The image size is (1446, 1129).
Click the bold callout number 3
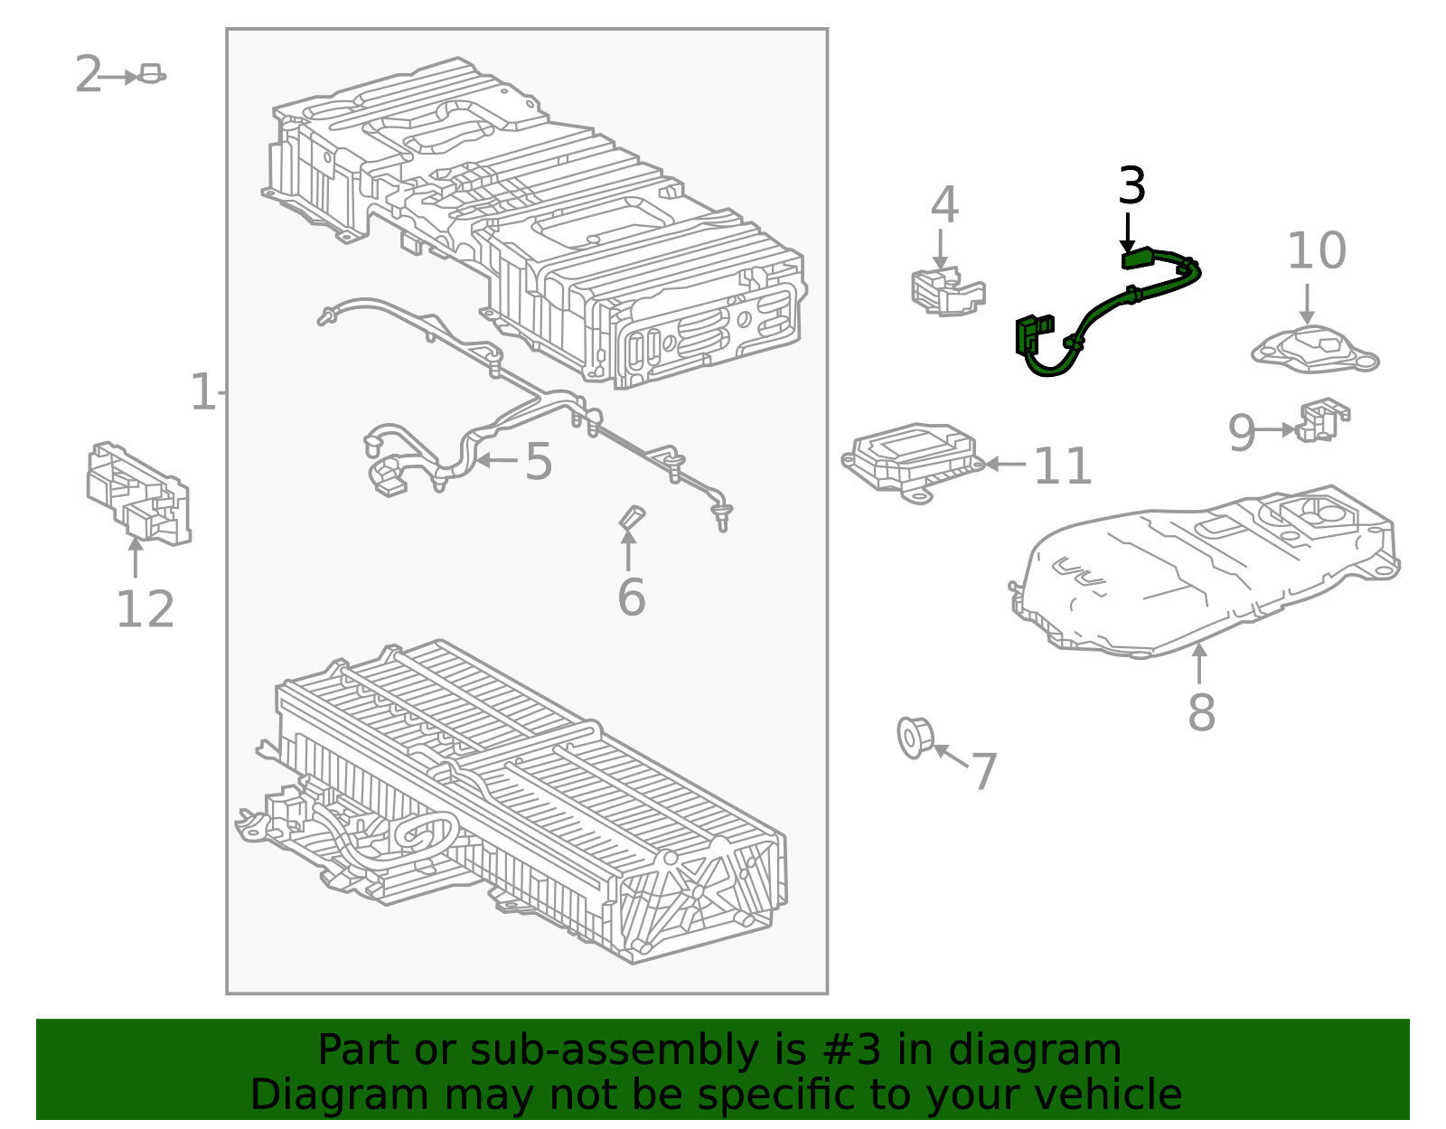tap(1131, 186)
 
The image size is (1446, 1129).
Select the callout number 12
tap(145, 610)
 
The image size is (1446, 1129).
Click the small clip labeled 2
tap(151, 74)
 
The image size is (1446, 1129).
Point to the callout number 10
tap(1316, 251)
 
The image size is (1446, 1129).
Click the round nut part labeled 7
tap(914, 738)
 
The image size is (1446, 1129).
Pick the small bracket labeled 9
tap(1322, 421)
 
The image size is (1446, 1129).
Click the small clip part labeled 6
tap(631, 518)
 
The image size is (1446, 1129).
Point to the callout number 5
tap(539, 462)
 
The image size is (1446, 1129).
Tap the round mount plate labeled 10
tap(1315, 351)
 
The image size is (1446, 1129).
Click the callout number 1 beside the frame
tap(202, 393)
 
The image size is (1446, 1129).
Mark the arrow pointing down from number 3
tap(1127, 233)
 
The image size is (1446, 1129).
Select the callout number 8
tap(1201, 713)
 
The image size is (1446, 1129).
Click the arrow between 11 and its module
tap(1004, 465)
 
